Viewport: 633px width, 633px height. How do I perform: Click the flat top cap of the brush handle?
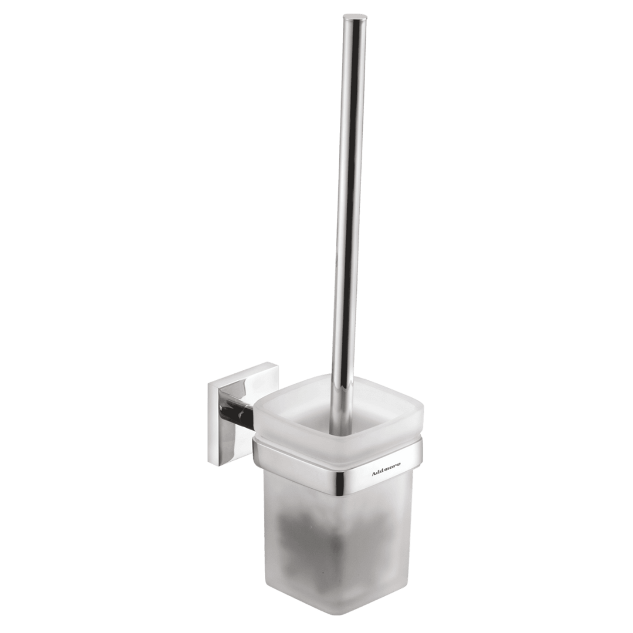pos(356,17)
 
